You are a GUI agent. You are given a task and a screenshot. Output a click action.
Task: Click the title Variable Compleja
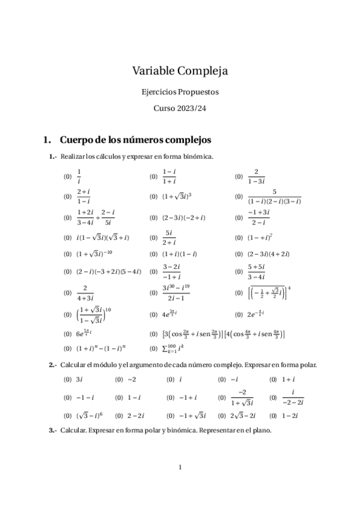coord(180,72)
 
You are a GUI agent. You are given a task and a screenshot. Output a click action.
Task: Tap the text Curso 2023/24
coord(180,109)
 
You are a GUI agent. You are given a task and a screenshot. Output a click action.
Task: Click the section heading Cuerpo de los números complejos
coord(135,140)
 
